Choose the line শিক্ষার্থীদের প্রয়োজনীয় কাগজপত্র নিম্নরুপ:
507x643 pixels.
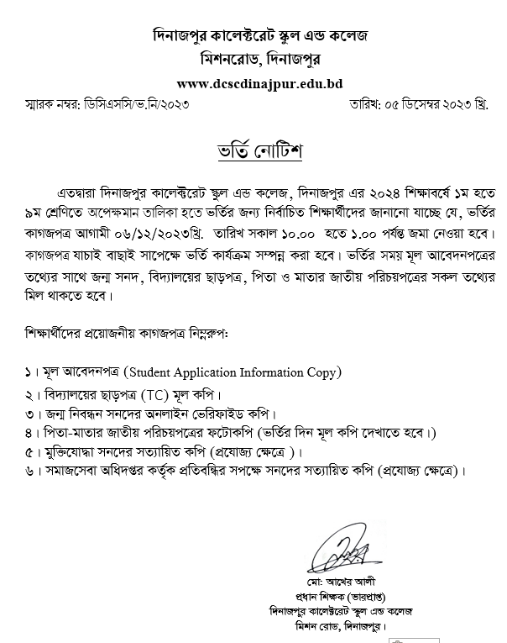[128, 334]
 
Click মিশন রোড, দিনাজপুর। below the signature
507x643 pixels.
[335, 626]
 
